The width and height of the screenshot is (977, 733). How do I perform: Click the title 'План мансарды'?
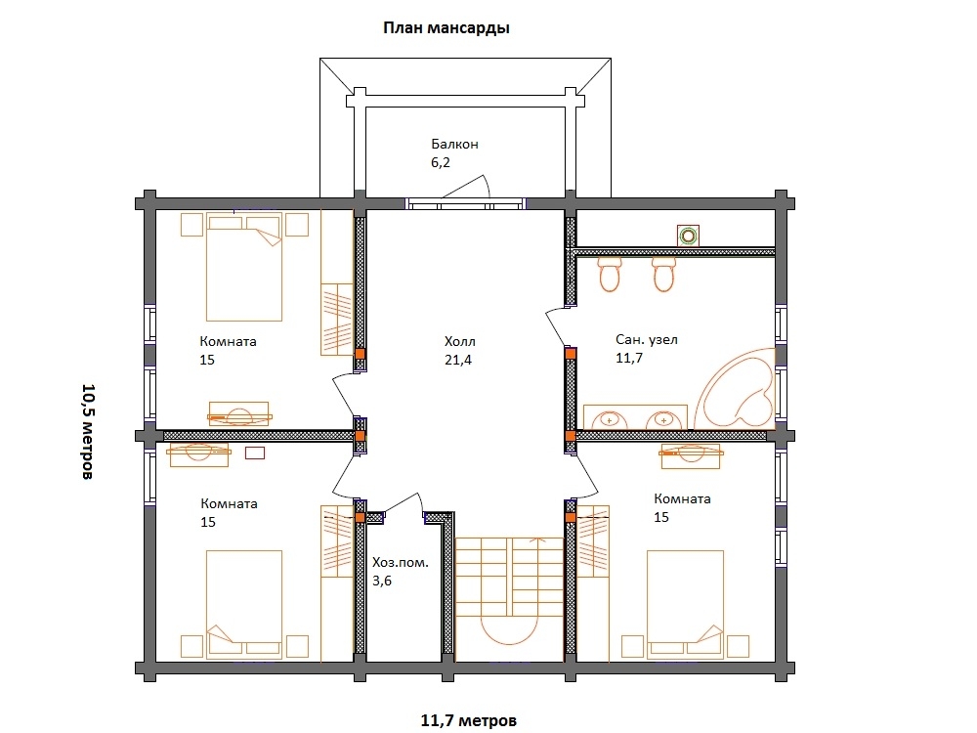(x=446, y=28)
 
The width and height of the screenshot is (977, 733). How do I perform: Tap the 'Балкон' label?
(x=455, y=144)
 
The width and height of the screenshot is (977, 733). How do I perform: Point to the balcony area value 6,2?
(x=441, y=162)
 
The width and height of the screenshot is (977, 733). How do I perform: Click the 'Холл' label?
(x=460, y=341)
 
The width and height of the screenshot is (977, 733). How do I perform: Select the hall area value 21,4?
(x=458, y=360)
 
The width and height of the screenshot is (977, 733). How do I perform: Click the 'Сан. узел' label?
(x=647, y=340)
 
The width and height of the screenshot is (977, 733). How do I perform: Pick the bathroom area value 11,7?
(x=629, y=358)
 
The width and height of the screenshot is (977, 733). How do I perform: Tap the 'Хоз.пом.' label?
(x=401, y=562)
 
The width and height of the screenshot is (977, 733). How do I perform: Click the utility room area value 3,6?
(x=382, y=581)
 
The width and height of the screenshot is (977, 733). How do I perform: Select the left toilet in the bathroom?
(x=610, y=274)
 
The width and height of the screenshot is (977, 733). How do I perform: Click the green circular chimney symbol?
(x=689, y=236)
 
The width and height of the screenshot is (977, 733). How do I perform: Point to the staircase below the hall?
(x=510, y=590)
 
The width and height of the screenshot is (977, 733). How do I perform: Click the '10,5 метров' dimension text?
(x=89, y=431)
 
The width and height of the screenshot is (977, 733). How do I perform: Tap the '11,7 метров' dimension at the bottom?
(x=469, y=720)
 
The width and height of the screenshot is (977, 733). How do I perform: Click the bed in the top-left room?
(x=244, y=267)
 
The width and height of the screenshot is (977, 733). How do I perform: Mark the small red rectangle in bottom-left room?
(x=255, y=453)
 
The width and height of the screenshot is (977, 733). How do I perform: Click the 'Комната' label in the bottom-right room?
(x=682, y=498)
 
